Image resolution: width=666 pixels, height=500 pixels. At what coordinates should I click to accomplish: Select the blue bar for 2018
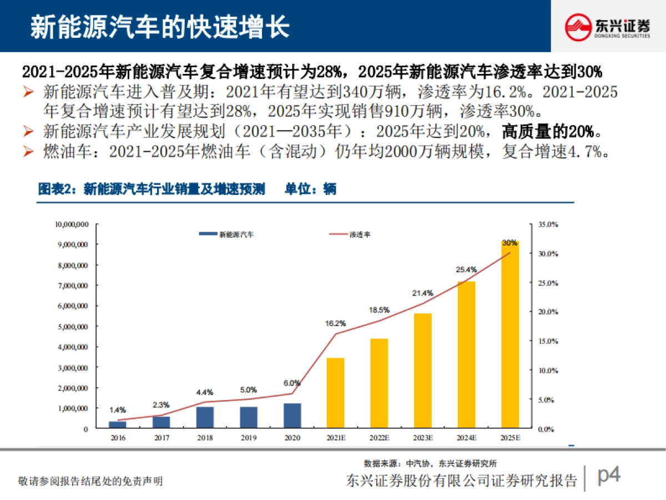(x=205, y=417)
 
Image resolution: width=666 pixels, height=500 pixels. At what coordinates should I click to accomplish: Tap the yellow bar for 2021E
(x=335, y=393)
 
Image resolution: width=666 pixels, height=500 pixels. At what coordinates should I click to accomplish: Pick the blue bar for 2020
(x=292, y=416)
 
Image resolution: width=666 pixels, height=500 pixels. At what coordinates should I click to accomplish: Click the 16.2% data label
(x=336, y=323)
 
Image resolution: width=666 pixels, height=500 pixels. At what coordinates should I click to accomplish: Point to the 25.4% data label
(x=467, y=269)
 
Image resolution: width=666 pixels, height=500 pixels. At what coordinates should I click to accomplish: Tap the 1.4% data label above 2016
(x=118, y=410)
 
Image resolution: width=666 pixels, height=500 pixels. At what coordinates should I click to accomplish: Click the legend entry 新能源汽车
(x=228, y=235)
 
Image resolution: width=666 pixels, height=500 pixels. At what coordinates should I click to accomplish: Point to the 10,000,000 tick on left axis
(x=72, y=224)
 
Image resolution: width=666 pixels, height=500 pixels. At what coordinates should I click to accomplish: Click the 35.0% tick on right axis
(x=548, y=224)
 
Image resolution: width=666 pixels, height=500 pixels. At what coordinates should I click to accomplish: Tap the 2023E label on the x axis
(x=423, y=438)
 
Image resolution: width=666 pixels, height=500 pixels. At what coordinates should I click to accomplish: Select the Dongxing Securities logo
(x=608, y=26)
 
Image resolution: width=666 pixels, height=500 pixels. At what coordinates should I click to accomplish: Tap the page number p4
(x=608, y=476)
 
